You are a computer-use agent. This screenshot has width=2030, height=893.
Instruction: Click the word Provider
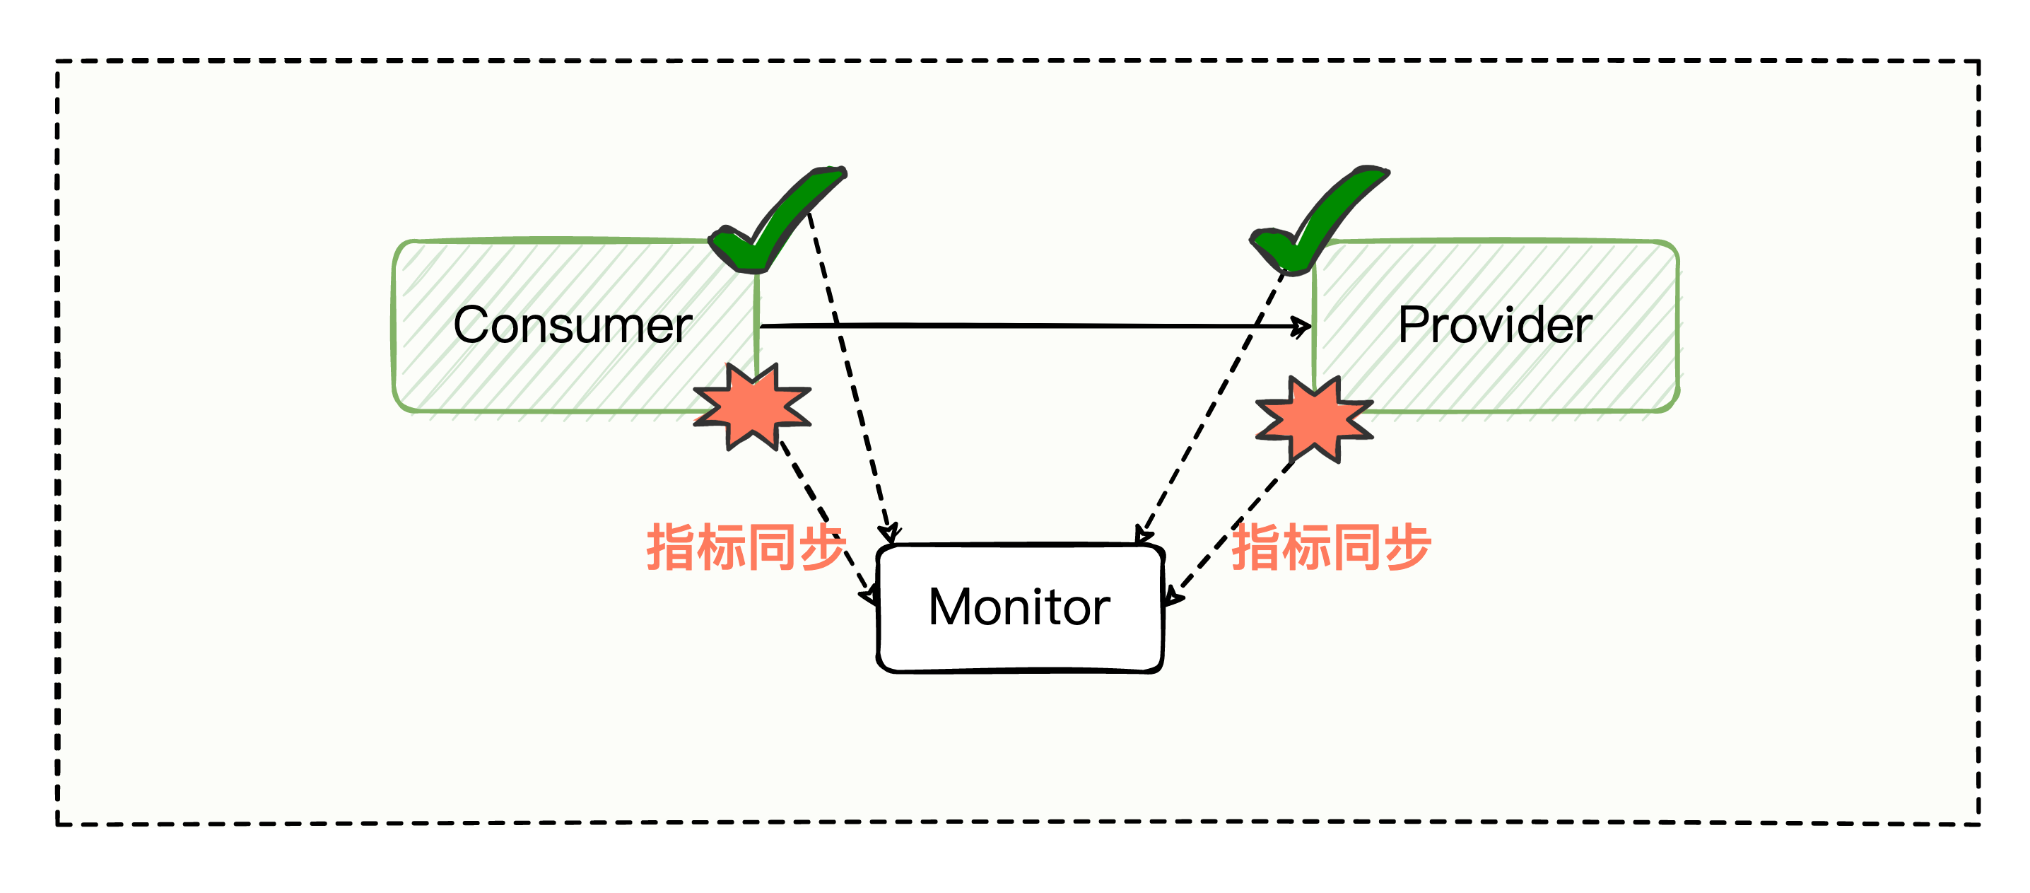pyautogui.click(x=1494, y=325)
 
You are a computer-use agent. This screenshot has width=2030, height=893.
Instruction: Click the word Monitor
pyautogui.click(x=1019, y=607)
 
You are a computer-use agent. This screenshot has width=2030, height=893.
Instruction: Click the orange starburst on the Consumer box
pyautogui.click(x=753, y=406)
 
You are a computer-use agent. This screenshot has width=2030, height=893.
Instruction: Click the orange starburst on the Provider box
pyautogui.click(x=1314, y=418)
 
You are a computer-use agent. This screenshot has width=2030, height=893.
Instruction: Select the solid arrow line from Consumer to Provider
pyautogui.click(x=1024, y=325)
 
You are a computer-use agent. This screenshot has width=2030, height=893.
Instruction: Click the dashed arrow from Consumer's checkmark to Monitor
pyautogui.click(x=851, y=378)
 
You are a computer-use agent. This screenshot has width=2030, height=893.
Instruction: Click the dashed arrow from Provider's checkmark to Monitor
pyautogui.click(x=1214, y=402)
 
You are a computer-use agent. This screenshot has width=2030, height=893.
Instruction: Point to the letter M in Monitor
pyautogui.click(x=949, y=607)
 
